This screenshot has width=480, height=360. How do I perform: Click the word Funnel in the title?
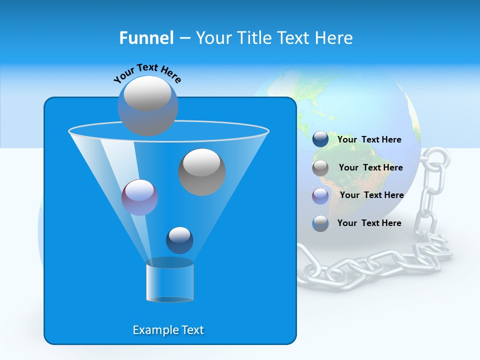(146, 37)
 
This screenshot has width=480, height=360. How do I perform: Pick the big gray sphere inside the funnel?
(202, 171)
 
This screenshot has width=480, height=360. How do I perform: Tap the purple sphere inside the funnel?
(139, 197)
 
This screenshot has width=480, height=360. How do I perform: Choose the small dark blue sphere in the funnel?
(179, 240)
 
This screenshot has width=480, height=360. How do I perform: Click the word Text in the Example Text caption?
(192, 330)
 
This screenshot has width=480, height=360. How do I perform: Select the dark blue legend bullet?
(320, 139)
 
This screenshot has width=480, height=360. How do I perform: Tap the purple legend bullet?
(320, 195)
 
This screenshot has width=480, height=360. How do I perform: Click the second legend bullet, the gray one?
(320, 168)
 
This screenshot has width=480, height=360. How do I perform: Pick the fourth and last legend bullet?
(320, 223)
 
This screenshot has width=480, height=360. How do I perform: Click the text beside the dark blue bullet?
(369, 139)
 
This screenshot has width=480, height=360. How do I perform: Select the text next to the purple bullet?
(371, 195)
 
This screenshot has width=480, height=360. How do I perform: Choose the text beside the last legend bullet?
(369, 223)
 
